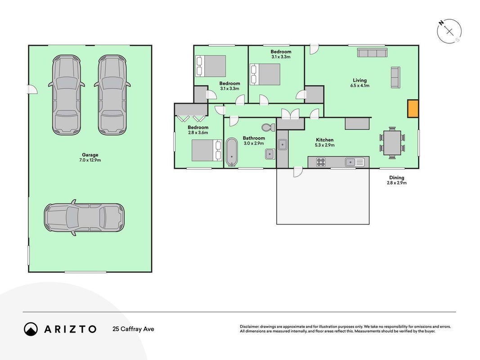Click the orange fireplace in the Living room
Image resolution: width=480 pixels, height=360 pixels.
413,108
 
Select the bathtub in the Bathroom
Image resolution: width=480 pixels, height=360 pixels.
231,152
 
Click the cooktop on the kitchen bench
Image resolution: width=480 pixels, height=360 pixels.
321,162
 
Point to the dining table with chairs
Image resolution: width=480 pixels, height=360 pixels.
392,143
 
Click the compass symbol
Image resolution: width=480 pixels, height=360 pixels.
449,31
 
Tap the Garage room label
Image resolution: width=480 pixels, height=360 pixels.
90,155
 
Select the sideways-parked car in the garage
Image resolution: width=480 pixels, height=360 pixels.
84,217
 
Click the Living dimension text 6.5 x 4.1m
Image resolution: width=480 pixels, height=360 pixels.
360,85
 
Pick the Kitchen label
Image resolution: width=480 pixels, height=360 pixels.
324,140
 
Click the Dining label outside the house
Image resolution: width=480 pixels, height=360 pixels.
396,178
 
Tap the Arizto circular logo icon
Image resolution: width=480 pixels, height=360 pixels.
31,329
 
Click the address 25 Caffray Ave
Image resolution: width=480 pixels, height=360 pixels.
133,329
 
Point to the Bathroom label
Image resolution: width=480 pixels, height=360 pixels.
254,138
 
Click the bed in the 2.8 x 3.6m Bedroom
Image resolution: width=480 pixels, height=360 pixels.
206,150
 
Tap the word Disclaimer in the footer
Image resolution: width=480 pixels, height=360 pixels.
249,327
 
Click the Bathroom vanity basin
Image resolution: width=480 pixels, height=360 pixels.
270,154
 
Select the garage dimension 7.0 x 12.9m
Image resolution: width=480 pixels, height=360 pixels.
90,160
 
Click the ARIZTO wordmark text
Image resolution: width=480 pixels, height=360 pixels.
71,329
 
